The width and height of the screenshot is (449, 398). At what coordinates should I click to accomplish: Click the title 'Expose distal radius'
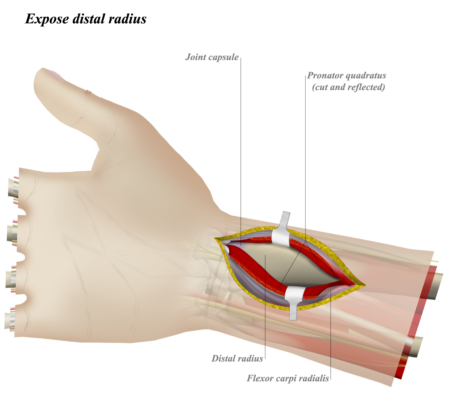[86, 19]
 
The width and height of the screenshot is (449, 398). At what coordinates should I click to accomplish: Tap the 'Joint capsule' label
[212, 57]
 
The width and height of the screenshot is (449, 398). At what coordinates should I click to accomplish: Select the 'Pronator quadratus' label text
[347, 76]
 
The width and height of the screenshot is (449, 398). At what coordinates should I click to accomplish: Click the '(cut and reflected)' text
[348, 87]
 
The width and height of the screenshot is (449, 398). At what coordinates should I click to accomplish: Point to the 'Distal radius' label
[237, 359]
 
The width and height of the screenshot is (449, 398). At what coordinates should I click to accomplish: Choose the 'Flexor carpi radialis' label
[288, 379]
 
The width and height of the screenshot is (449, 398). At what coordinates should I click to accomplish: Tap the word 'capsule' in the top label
[224, 57]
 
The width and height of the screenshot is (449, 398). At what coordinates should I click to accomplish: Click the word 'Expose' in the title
[47, 19]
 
